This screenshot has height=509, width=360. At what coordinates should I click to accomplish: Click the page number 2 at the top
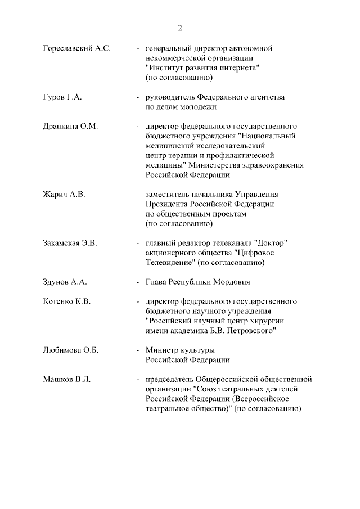tap(180, 28)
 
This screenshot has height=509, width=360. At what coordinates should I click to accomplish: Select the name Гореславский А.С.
tap(76, 49)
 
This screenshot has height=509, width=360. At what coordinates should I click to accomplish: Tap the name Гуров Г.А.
tap(62, 97)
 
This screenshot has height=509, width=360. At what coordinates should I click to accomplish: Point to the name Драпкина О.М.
tap(70, 127)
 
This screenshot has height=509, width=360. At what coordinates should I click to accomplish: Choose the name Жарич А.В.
tap(64, 195)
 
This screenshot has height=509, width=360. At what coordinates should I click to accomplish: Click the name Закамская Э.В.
tap(70, 244)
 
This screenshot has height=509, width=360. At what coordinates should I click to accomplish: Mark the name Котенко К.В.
tap(66, 301)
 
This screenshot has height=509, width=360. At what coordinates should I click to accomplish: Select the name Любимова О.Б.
tap(70, 350)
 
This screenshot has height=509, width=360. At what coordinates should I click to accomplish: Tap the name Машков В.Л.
tap(66, 380)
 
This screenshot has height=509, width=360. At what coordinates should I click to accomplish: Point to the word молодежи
tap(198, 107)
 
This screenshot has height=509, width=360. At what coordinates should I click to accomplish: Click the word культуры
tap(199, 350)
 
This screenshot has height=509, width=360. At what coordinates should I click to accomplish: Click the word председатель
tap(170, 380)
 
